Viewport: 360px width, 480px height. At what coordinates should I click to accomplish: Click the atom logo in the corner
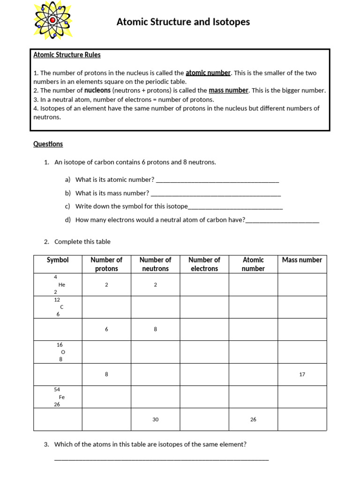[53, 21]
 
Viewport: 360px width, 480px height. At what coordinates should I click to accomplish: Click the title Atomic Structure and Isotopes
[183, 22]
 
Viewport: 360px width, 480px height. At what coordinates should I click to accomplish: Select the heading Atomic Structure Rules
[67, 55]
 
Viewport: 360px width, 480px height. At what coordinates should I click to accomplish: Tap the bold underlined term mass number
[228, 90]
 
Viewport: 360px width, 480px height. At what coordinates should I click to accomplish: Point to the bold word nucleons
[97, 90]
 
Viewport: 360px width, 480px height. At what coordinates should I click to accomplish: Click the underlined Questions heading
[48, 144]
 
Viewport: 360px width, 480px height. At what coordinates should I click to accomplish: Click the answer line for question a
[217, 180]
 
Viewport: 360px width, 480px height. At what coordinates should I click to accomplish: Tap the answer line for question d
[282, 220]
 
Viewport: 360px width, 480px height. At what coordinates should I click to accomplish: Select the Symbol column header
[58, 260]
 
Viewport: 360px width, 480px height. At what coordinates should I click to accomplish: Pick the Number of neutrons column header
[155, 264]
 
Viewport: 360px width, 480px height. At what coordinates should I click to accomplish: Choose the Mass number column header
[302, 260]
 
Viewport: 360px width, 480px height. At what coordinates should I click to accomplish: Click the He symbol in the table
[61, 285]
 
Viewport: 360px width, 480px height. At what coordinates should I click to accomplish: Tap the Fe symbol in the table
[61, 397]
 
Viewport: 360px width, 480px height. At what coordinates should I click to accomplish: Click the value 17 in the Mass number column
[302, 375]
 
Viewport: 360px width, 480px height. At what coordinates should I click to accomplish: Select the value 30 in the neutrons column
[155, 420]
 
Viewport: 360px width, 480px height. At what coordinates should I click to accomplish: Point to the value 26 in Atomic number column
[253, 420]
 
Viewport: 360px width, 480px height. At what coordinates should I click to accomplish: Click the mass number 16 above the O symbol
[60, 345]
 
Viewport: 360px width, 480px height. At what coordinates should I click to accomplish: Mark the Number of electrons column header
[204, 264]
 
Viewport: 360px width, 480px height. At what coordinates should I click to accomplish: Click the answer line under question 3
[162, 459]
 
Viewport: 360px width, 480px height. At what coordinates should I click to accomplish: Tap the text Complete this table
[82, 242]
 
